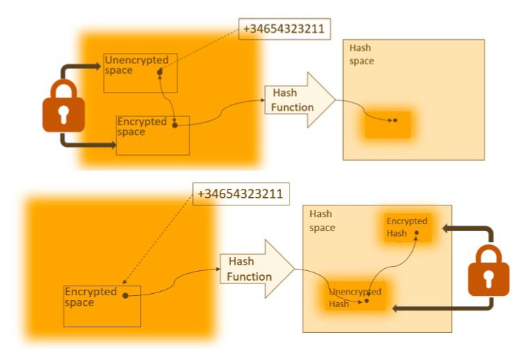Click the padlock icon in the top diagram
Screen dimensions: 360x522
point(64,106)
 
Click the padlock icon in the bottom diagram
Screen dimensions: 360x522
point(488,270)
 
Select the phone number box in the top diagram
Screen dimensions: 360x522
point(284,29)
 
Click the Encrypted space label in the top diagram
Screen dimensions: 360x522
point(142,127)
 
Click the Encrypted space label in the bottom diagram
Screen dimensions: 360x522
point(90,297)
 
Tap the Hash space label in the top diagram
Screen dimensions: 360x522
point(361,55)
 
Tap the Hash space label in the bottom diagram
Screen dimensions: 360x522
point(322,221)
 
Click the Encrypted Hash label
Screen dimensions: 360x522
point(406,227)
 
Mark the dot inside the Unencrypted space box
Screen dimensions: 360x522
point(160,71)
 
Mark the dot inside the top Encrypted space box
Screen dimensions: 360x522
point(174,125)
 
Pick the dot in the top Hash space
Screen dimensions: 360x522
point(395,120)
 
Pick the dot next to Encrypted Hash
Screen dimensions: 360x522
point(416,233)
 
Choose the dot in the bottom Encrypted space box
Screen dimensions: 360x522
point(125,295)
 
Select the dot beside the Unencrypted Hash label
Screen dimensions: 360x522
point(366,302)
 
